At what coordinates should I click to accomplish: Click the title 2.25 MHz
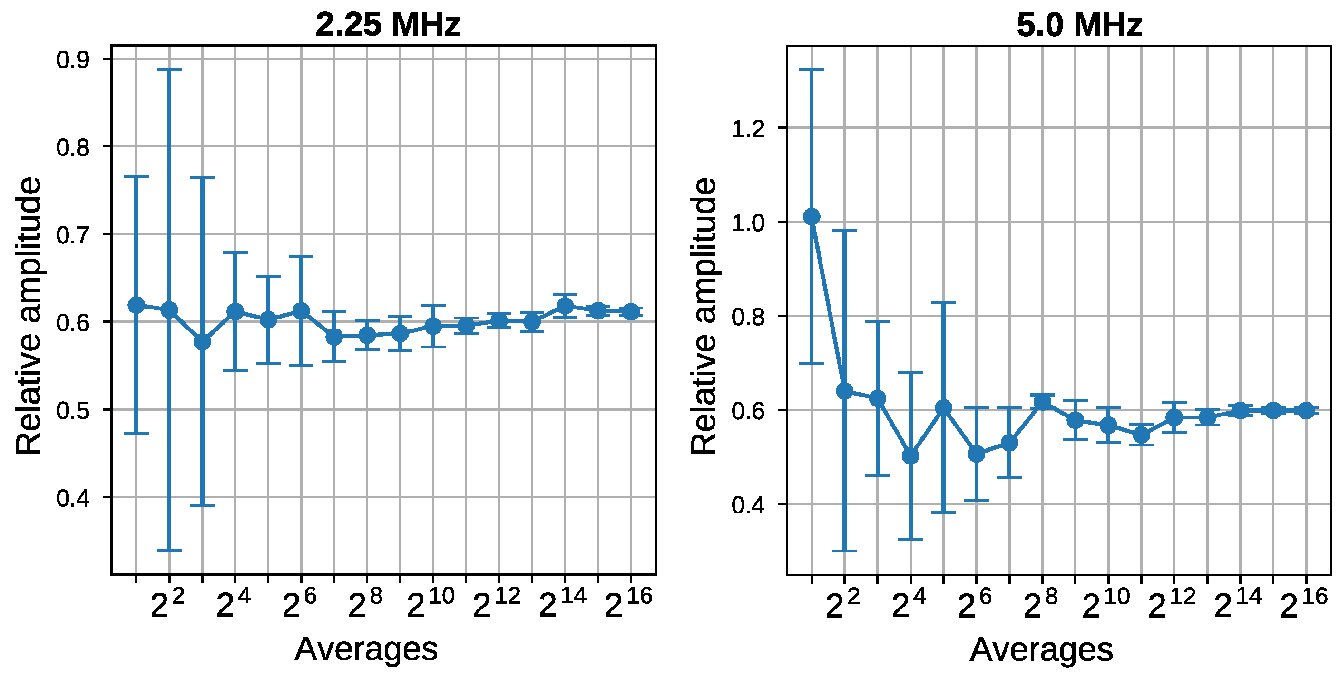(x=388, y=24)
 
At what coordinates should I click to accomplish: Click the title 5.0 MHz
(x=1079, y=24)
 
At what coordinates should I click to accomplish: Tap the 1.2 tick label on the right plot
(x=748, y=129)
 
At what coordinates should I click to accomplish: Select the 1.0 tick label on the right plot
(x=748, y=223)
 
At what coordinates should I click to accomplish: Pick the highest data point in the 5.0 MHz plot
(x=812, y=217)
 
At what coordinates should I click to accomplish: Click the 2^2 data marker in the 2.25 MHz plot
(x=169, y=310)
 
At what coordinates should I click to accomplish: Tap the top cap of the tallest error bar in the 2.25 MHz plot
(x=169, y=69)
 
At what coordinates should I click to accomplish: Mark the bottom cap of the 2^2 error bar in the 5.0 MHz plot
(x=844, y=551)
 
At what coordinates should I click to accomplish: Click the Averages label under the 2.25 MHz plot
(x=366, y=649)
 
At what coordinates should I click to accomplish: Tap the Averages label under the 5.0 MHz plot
(x=1041, y=649)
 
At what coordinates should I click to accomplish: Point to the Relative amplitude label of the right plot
(x=704, y=316)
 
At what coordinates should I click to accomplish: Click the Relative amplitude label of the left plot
(x=29, y=316)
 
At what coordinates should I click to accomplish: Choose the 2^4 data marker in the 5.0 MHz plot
(x=910, y=456)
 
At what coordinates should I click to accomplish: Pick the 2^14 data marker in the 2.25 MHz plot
(x=565, y=306)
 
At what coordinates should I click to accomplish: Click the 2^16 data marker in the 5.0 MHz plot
(x=1306, y=410)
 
